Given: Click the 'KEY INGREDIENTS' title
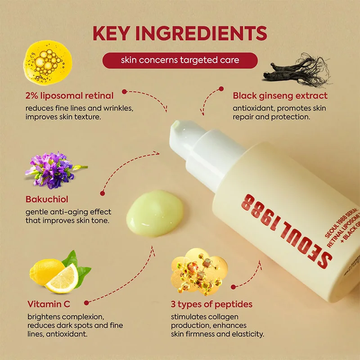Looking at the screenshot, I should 180,34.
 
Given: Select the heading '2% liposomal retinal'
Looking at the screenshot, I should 69,95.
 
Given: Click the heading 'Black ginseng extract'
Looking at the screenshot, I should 280,95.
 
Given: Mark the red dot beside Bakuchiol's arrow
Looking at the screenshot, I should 102,193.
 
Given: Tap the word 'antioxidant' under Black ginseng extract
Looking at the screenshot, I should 254,108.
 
